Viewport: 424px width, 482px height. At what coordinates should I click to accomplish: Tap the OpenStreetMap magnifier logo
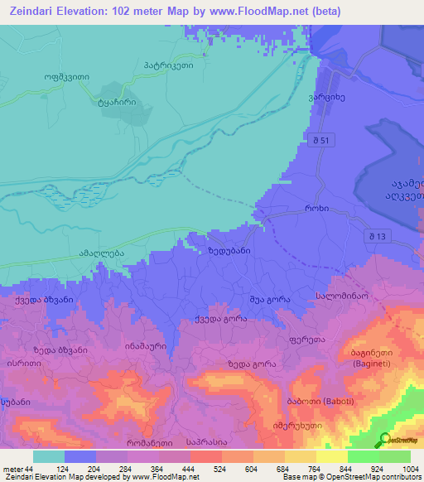pos(386,441)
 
